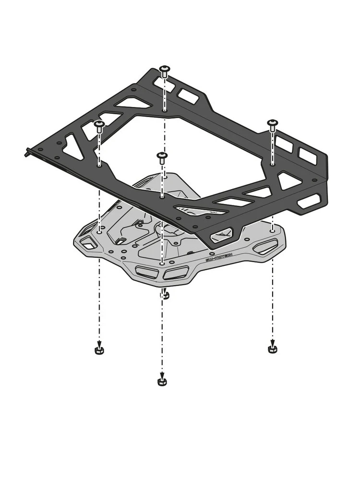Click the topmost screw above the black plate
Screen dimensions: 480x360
[x=165, y=71]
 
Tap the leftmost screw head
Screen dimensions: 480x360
[x=99, y=126]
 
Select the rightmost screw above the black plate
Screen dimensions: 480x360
[x=273, y=125]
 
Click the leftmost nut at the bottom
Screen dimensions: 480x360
[x=99, y=350]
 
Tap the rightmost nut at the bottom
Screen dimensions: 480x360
[x=272, y=348]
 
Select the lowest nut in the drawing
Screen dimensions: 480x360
[x=162, y=382]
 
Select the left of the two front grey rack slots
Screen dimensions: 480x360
[x=146, y=272]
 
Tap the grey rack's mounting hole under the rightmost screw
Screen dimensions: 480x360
[x=272, y=230]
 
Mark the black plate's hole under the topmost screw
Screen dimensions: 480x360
[x=165, y=110]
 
